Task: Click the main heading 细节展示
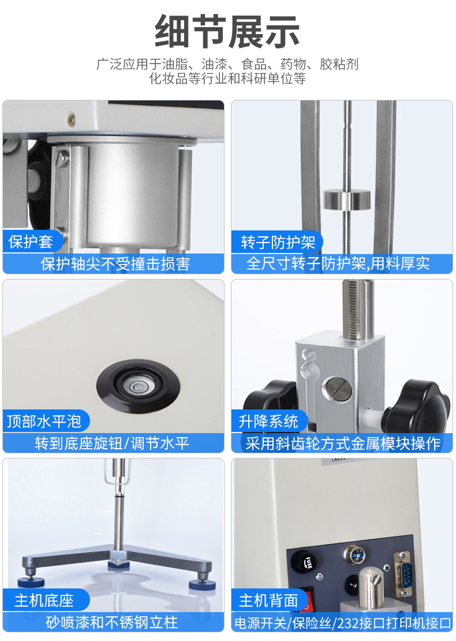pyautogui.click(x=227, y=32)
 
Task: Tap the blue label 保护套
pyautogui.click(x=31, y=241)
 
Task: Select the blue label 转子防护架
pyautogui.click(x=278, y=242)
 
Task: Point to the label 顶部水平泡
pyautogui.click(x=44, y=421)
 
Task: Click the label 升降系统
pyautogui.click(x=268, y=421)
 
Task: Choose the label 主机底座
pyautogui.click(x=44, y=600)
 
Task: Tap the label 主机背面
pyautogui.click(x=268, y=600)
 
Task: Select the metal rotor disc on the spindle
pyautogui.click(x=347, y=199)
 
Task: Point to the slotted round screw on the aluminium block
pyautogui.click(x=336, y=389)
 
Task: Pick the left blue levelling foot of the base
pyautogui.click(x=29, y=583)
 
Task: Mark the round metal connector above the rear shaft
pyautogui.click(x=354, y=555)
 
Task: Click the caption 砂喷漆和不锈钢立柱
pyautogui.click(x=111, y=622)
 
